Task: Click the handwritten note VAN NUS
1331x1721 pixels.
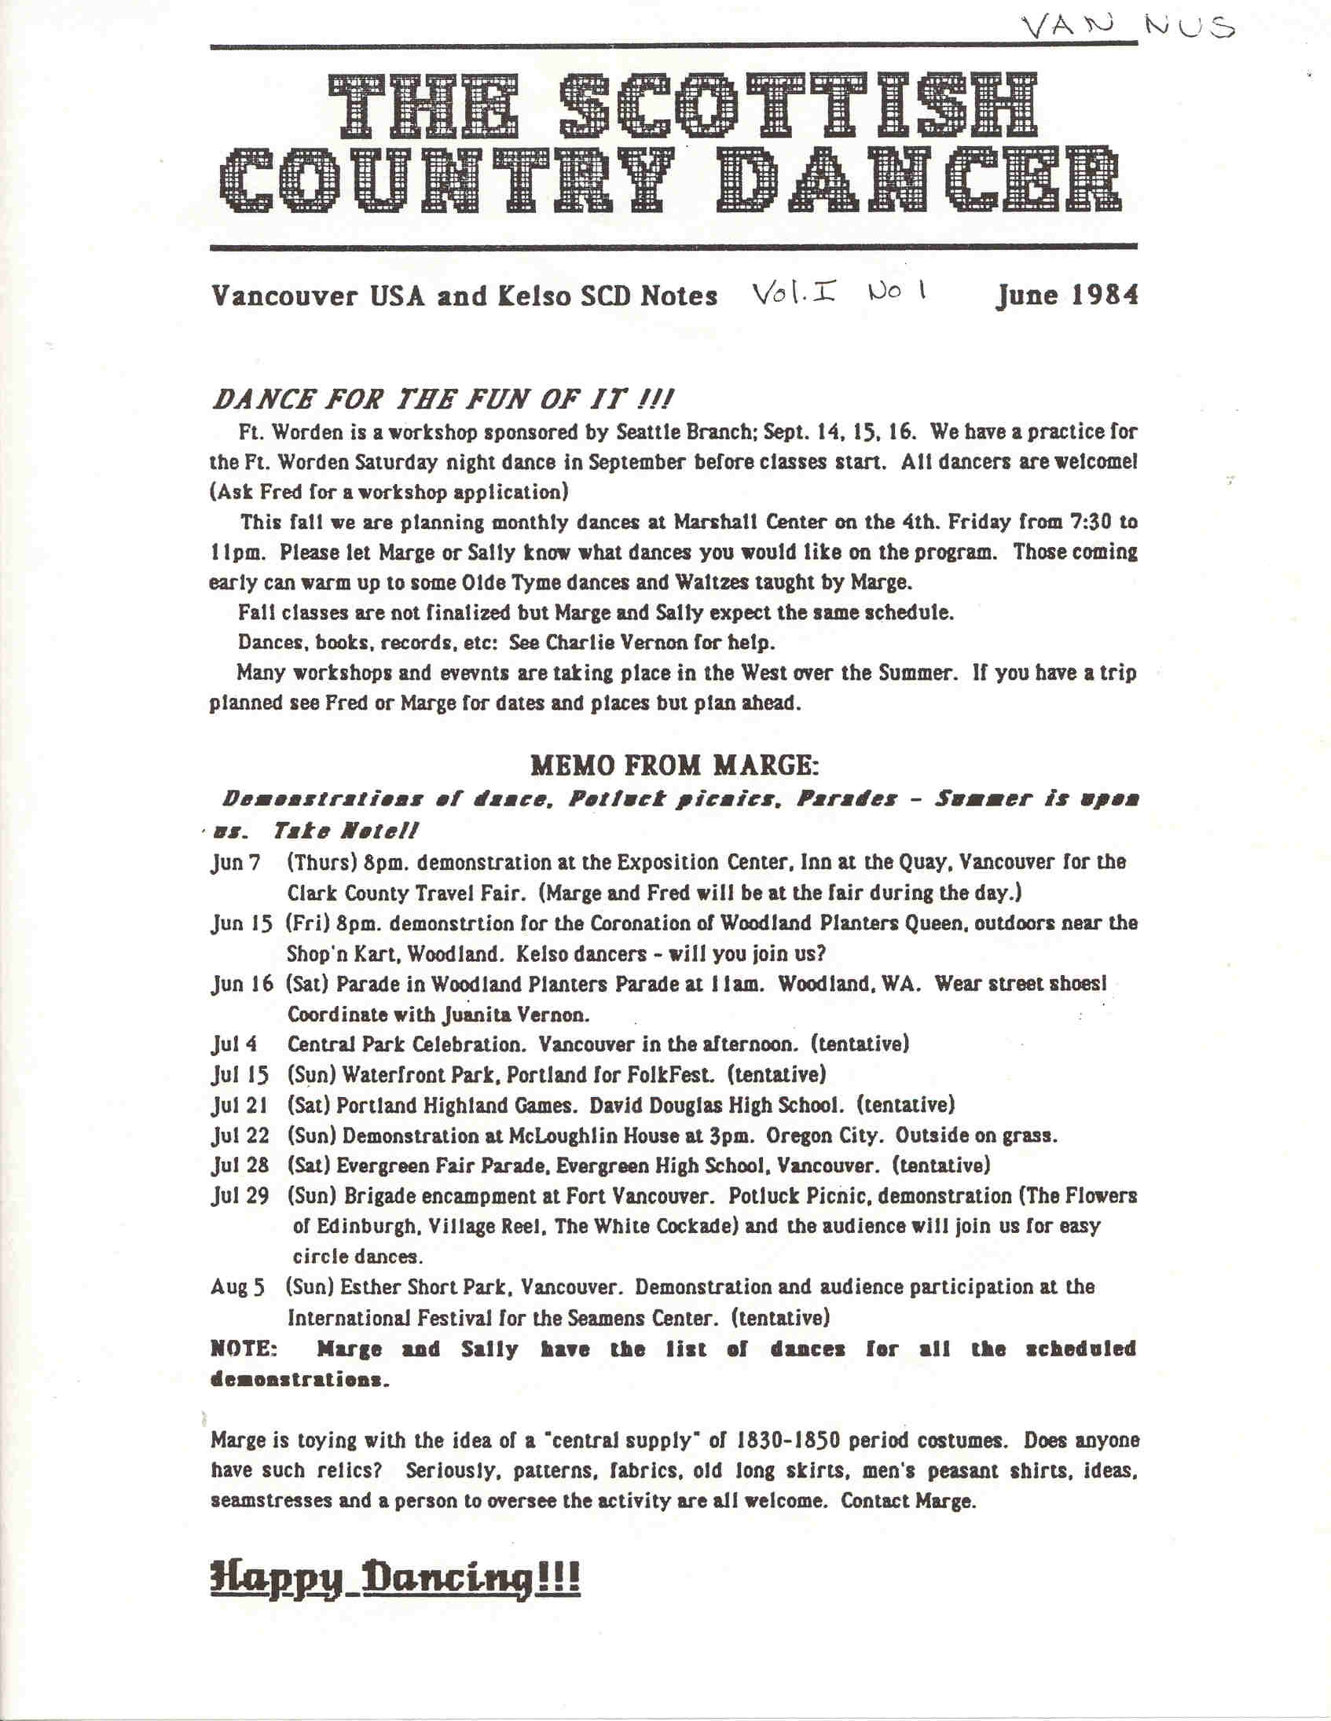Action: point(1127,28)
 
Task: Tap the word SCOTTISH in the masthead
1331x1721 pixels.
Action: point(798,105)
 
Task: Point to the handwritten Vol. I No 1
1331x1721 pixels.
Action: point(839,293)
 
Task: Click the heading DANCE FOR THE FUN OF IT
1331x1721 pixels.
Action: point(442,399)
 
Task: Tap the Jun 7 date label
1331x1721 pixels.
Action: point(235,863)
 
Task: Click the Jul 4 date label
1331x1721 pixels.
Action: point(234,1045)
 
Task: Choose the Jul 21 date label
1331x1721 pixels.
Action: point(240,1106)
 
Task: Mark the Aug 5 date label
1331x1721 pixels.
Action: point(237,1287)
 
